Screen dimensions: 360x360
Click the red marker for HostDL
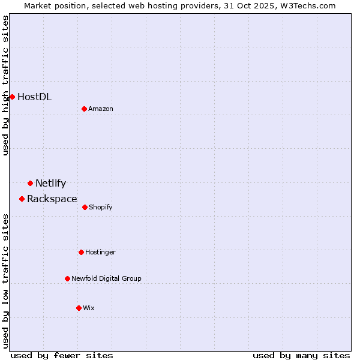point(12,97)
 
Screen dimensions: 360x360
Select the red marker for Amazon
point(84,109)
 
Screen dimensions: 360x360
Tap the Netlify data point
point(30,183)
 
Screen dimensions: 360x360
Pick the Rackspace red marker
point(22,199)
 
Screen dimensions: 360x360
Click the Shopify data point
point(85,207)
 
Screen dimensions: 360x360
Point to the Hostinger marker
point(81,252)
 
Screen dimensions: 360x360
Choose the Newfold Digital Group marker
point(67,278)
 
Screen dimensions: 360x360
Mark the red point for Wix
point(79,308)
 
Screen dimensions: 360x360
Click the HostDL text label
point(34,97)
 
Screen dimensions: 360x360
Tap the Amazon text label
point(101,109)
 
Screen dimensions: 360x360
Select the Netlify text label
point(50,183)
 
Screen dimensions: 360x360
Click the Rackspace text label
point(52,199)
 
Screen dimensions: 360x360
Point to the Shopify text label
point(100,207)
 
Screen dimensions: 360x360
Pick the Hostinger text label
point(100,252)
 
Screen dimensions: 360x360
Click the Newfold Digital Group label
point(106,278)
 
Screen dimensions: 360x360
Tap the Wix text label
point(88,308)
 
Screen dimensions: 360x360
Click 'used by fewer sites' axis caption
point(62,355)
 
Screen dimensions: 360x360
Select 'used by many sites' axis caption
point(301,355)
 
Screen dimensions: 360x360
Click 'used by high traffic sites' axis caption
point(5,85)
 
